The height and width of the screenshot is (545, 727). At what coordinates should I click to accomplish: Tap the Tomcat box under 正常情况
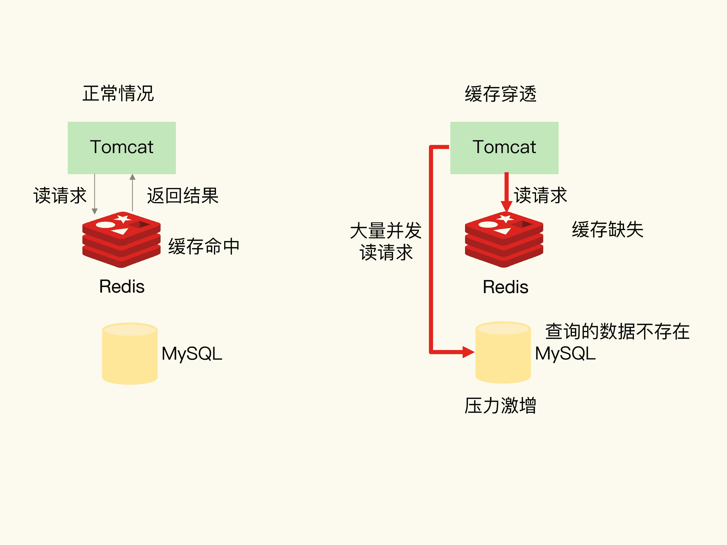(122, 148)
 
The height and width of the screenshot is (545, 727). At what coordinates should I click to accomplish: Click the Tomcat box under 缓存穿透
(504, 148)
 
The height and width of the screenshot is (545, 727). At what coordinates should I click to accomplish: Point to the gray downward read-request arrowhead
(95, 211)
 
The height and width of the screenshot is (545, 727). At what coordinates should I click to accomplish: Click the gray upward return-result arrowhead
(133, 177)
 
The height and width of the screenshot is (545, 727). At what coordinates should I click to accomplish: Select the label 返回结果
(183, 195)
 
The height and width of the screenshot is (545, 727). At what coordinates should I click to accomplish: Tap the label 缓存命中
(204, 246)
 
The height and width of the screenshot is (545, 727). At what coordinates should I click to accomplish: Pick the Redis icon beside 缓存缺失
(504, 240)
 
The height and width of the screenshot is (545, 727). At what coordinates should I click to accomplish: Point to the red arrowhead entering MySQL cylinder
(468, 352)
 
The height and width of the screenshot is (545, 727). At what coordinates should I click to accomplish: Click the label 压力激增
(500, 405)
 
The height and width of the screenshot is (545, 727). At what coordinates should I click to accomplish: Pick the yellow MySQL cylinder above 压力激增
(503, 352)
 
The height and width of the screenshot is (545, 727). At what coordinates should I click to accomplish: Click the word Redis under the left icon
(122, 287)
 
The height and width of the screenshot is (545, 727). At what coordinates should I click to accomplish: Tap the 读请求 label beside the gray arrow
(60, 195)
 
